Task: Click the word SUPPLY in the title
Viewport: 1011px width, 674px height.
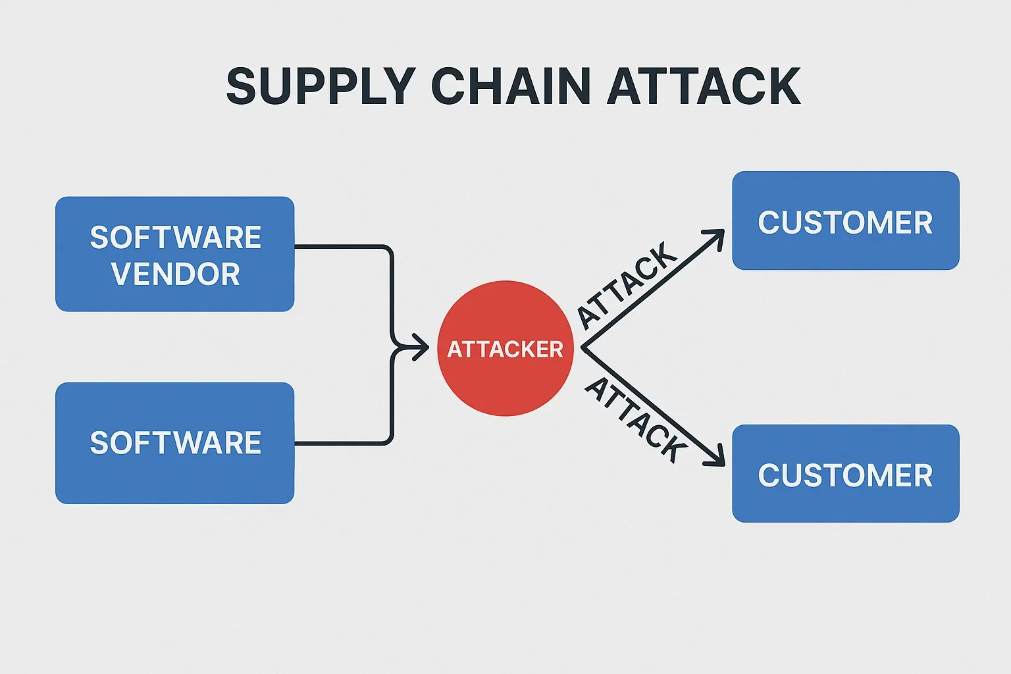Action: (321, 87)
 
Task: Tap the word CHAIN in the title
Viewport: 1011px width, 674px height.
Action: (511, 87)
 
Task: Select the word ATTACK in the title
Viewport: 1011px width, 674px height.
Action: (703, 87)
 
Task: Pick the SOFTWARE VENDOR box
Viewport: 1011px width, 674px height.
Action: (174, 254)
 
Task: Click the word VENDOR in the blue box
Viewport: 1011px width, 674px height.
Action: (175, 274)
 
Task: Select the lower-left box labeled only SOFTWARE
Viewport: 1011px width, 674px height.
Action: (174, 443)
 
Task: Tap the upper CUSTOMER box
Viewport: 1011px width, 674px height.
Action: (845, 221)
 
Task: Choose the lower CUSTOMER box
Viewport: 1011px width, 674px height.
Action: (845, 474)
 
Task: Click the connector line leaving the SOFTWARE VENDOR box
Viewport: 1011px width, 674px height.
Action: (342, 247)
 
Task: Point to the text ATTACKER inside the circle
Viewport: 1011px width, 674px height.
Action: (505, 349)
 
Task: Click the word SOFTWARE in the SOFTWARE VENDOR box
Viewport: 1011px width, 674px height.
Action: (175, 238)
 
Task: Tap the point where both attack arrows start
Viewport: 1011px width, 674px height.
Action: (582, 348)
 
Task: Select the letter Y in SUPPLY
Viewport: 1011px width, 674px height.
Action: (396, 87)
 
